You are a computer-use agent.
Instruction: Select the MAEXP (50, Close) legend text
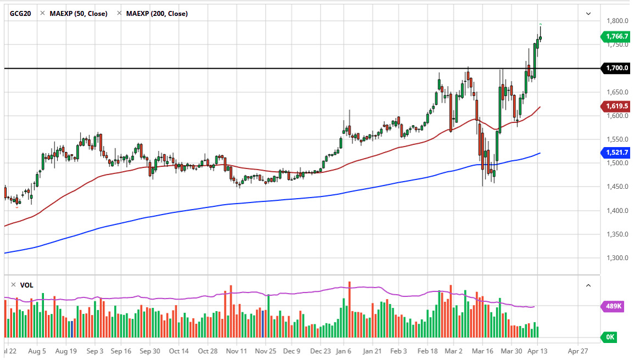tap(78, 13)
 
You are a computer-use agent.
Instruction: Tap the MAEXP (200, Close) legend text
tap(156, 13)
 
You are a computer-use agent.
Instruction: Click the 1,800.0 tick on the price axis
tap(617, 21)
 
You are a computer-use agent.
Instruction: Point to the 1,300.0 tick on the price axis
tap(617, 257)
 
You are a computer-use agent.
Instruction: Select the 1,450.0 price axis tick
tap(617, 187)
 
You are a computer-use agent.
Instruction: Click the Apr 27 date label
tap(578, 350)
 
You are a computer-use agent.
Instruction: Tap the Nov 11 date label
tap(235, 350)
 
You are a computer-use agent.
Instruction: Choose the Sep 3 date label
tap(95, 350)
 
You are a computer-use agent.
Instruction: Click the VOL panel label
tap(26, 285)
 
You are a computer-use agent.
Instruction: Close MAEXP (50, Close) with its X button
tap(42, 13)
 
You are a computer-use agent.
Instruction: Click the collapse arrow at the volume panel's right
tap(588, 285)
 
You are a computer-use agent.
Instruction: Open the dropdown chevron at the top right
tap(588, 14)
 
